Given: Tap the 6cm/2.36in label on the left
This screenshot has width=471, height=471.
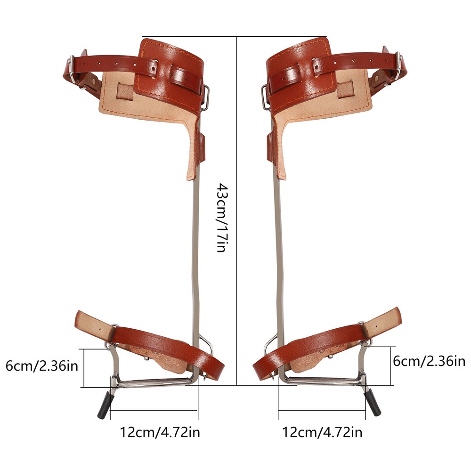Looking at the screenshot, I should point(42,365).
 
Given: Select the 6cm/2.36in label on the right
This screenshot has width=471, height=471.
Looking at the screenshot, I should point(429,361).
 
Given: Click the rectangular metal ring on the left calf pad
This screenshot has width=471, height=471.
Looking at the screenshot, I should point(205,96).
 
